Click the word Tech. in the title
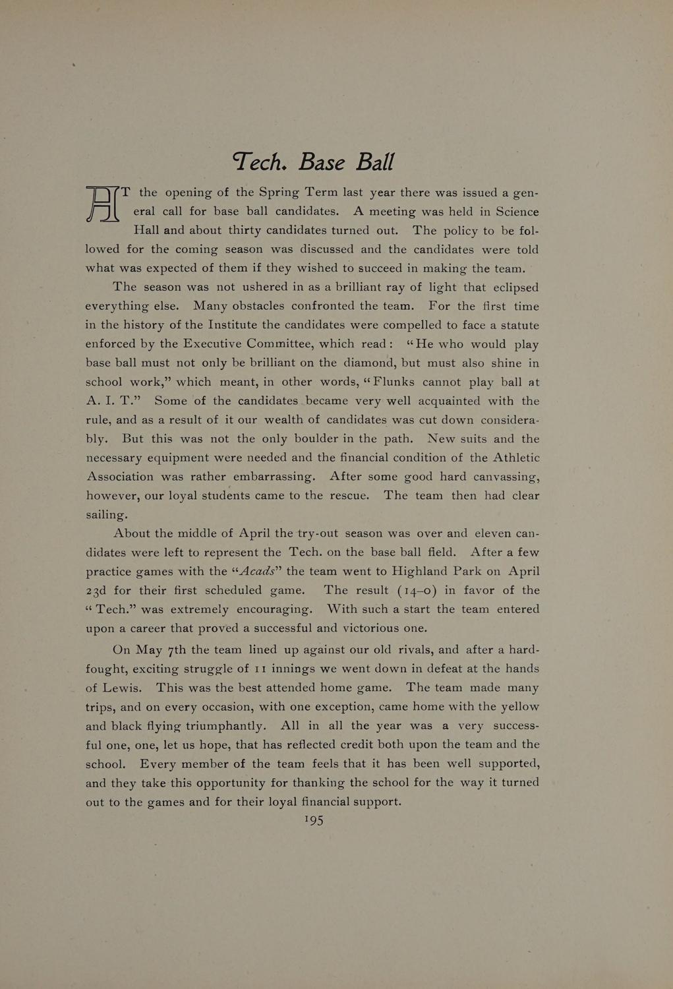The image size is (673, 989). (x=260, y=162)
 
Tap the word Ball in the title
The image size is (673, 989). (x=375, y=162)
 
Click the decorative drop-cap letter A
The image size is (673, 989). (x=102, y=204)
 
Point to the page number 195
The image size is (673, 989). (x=314, y=820)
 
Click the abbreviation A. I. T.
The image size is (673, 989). (x=113, y=401)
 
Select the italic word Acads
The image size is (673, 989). (x=258, y=572)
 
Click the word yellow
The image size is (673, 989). (x=520, y=706)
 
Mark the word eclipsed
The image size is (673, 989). (x=513, y=287)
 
